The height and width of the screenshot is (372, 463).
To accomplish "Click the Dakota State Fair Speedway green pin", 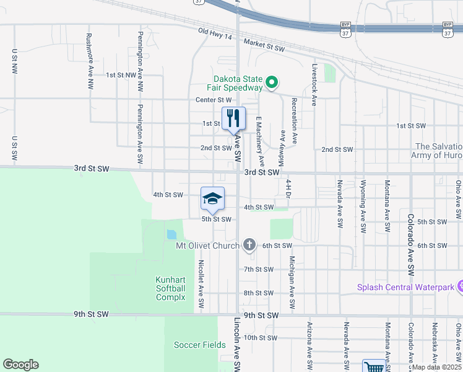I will point(271,82).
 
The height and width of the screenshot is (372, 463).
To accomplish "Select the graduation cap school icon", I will point(212,199).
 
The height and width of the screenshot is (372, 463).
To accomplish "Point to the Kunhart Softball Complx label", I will point(170,288).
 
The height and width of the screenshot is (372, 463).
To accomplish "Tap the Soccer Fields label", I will point(195,345).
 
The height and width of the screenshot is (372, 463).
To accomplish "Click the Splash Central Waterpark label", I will point(405,288).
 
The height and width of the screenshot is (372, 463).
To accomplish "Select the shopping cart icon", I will point(374,367).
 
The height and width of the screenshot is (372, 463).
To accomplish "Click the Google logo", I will point(20,365).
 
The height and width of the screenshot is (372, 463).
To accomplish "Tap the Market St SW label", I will point(264,44).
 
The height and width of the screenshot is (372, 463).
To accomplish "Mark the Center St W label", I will point(213,99).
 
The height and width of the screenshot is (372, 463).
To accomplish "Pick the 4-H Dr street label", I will point(288,189).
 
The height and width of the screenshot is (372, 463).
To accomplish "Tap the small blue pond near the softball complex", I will point(171,235).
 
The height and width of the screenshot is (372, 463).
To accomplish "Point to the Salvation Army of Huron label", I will point(437,151).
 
